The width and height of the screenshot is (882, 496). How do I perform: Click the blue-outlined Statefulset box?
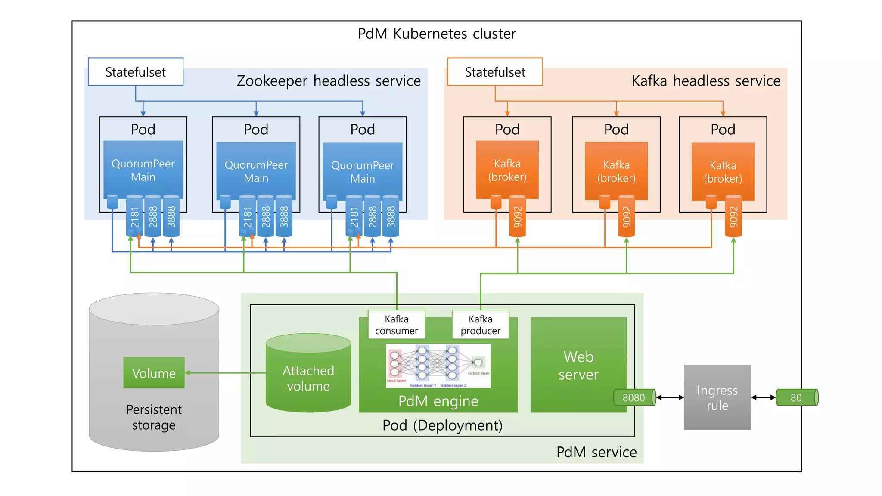pos(135,72)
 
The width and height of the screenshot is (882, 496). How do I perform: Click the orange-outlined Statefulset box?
pos(495,72)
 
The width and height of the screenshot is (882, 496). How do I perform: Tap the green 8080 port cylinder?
pos(634,397)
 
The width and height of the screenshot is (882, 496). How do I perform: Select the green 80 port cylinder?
pos(796,397)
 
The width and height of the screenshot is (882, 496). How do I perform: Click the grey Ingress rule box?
pos(717,397)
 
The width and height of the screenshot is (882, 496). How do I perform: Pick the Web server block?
pos(578,365)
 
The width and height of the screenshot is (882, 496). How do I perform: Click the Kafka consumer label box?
pos(396,325)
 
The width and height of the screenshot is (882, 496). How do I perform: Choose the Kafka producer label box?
pos(480,325)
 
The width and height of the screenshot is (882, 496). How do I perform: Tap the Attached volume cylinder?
pos(308,375)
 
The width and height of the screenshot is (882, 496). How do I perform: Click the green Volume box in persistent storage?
pos(154,373)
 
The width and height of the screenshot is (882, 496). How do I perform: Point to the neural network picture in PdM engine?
pos(438,366)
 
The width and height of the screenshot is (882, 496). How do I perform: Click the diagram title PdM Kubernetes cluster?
pos(437,34)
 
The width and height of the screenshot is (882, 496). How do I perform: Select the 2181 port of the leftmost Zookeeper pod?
pos(134,217)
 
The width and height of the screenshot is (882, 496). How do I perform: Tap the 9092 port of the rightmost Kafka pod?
pos(733,217)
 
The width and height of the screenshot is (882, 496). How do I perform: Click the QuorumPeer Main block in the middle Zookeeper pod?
pos(256,171)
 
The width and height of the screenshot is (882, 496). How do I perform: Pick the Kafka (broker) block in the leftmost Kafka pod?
pos(507,170)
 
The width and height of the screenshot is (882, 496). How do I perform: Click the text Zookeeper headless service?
pos(329,81)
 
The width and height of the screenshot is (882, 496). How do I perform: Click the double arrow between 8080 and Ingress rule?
pos(670,397)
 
